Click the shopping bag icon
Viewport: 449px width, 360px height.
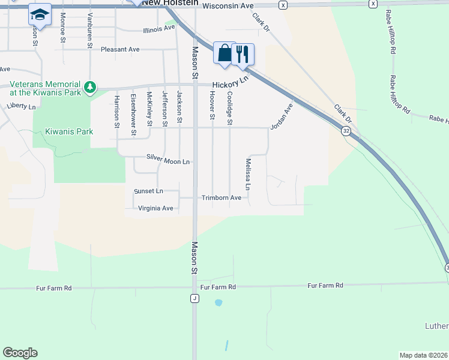224,53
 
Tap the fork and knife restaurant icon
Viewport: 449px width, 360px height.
243,54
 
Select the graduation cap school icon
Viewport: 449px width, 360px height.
40,14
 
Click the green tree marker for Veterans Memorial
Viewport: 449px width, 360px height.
90,88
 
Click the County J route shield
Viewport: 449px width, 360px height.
194,298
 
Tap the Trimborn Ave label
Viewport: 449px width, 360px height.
221,197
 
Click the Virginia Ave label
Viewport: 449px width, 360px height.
155,208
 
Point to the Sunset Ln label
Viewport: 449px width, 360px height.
148,191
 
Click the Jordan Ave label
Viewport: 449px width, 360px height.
281,116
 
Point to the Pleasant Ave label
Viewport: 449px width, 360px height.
120,49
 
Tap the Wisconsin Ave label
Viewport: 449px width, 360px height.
228,5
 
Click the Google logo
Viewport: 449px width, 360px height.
20,353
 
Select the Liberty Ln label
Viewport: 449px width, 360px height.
22,106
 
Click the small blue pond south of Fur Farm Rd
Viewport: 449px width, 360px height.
218,303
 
